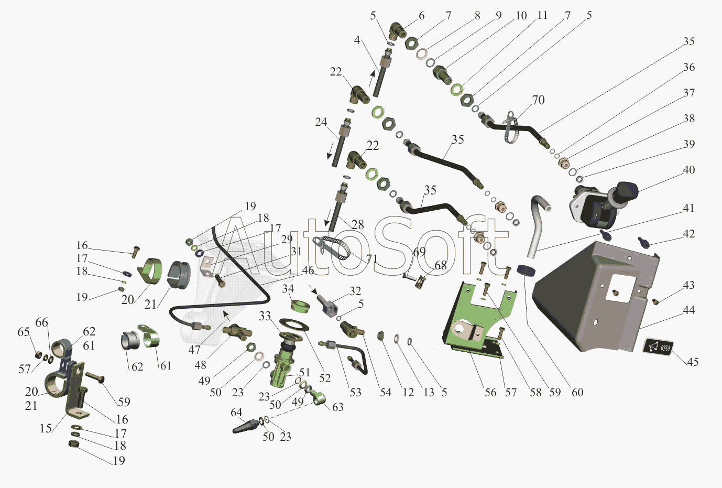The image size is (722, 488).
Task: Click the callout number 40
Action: [689, 170]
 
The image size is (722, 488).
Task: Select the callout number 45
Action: [693, 362]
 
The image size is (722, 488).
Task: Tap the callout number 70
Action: [538, 100]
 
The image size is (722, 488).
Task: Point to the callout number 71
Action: [371, 258]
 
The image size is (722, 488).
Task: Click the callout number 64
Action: [236, 413]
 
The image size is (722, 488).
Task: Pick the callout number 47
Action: [194, 350]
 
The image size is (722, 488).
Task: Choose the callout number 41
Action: [689, 208]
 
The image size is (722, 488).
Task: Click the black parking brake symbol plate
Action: [658, 347]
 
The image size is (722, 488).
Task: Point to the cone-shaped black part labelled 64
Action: [245, 426]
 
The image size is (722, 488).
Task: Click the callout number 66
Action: [41, 322]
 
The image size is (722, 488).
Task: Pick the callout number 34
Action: [288, 289]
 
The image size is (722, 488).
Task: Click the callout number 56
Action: [490, 392]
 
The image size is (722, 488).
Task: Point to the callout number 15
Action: [46, 428]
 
